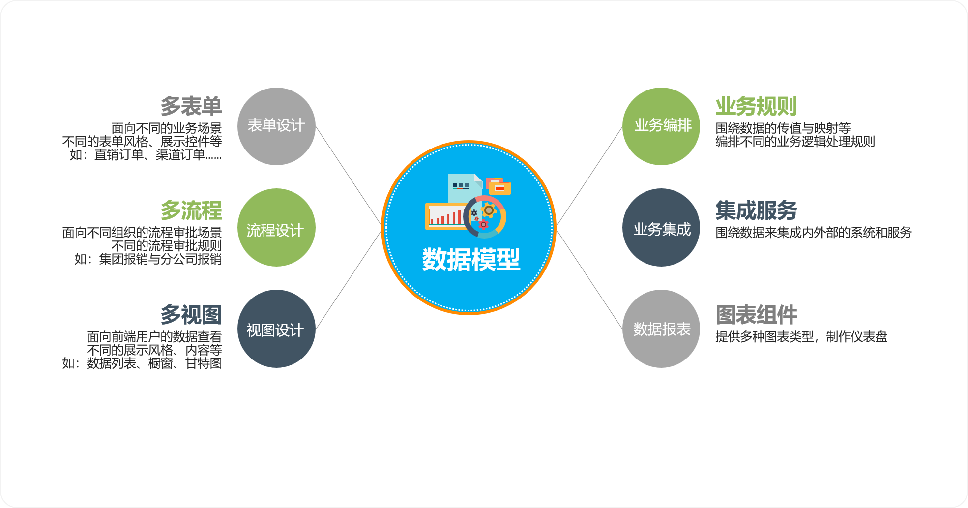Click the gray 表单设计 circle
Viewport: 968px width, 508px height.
pyautogui.click(x=276, y=126)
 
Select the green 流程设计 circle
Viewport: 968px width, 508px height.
pyautogui.click(x=276, y=228)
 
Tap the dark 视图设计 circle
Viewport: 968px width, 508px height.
pyautogui.click(x=276, y=329)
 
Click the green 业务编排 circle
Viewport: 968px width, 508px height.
pyautogui.click(x=661, y=126)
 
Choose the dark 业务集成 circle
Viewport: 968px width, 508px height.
pyautogui.click(x=661, y=228)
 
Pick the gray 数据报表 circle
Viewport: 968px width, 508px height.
pyautogui.click(x=661, y=329)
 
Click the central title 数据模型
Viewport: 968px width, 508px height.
pyautogui.click(x=471, y=259)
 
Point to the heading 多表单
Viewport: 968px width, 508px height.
pyautogui.click(x=191, y=106)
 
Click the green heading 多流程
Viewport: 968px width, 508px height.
pyautogui.click(x=191, y=210)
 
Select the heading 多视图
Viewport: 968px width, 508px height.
pyautogui.click(x=191, y=315)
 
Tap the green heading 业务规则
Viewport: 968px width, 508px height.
pyautogui.click(x=756, y=106)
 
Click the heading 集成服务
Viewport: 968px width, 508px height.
pyautogui.click(x=756, y=210)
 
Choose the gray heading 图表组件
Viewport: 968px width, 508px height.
pyautogui.click(x=756, y=315)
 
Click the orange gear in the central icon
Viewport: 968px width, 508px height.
pyautogui.click(x=489, y=210)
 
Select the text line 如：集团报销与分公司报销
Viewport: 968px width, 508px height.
pyautogui.click(x=148, y=259)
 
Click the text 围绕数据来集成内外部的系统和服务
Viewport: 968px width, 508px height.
pyautogui.click(x=814, y=232)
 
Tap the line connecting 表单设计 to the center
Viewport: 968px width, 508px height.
pyautogui.click(x=349, y=177)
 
